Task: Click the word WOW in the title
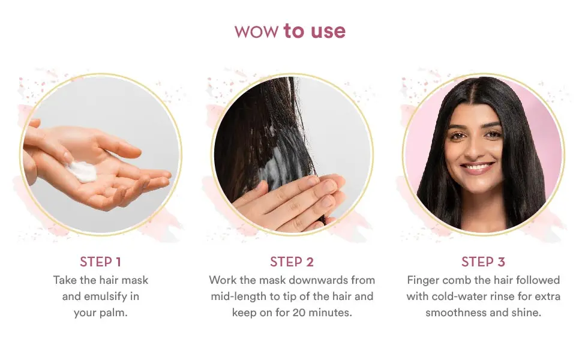click(x=257, y=32)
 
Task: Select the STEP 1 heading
click(x=100, y=262)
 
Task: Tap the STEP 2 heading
click(x=292, y=262)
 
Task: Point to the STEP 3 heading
click(x=483, y=262)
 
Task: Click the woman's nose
click(x=478, y=147)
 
